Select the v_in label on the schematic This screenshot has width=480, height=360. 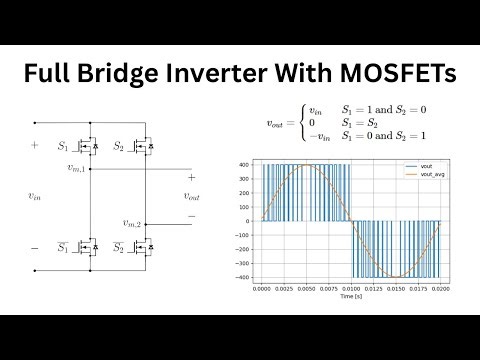pyautogui.click(x=35, y=197)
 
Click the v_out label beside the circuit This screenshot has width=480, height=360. pyautogui.click(x=192, y=197)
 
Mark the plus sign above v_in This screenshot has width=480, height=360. pyautogui.click(x=34, y=146)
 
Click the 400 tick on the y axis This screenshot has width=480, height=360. pyautogui.click(x=245, y=165)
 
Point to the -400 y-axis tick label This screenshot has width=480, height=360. pyautogui.click(x=243, y=277)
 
